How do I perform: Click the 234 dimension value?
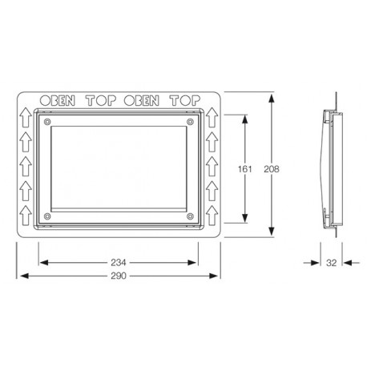(119, 263)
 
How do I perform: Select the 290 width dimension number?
(119, 276)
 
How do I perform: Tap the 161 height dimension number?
(244, 169)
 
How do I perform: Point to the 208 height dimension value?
(272, 169)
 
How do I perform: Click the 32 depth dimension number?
(331, 263)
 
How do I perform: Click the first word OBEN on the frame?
(58, 101)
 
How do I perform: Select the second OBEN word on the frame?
(142, 101)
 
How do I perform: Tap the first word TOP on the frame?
(101, 101)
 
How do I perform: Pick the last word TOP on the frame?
(185, 101)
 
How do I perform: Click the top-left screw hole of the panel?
(47, 122)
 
